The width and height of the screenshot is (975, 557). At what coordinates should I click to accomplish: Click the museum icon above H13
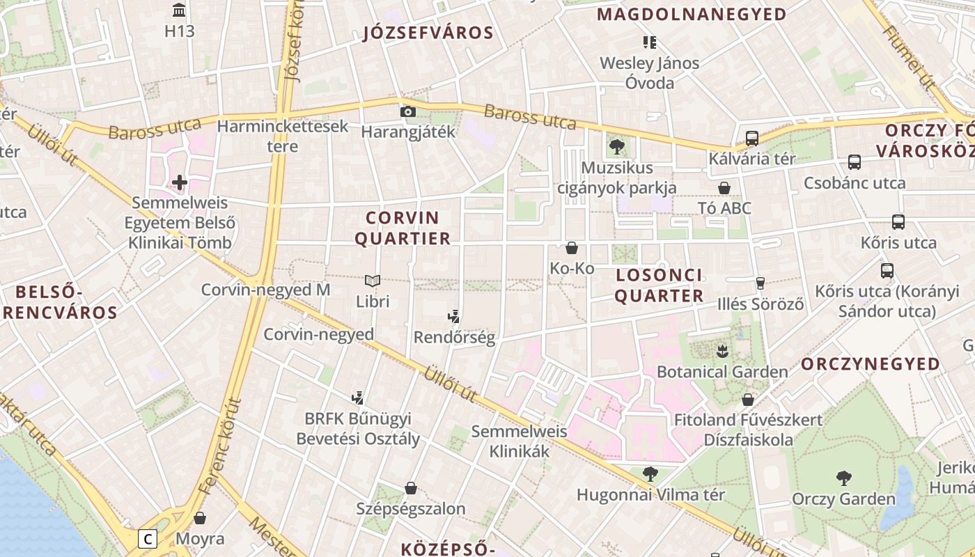pyautogui.click(x=179, y=10)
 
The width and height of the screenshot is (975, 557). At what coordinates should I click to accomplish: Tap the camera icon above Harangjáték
pyautogui.click(x=407, y=111)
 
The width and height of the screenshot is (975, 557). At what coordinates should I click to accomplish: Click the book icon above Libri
pyautogui.click(x=373, y=281)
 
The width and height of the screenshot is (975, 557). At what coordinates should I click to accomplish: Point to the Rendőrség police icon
pyautogui.click(x=454, y=317)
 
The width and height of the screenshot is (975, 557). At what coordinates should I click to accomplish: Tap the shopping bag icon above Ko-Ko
pyautogui.click(x=572, y=248)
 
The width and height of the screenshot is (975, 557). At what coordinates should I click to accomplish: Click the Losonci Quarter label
pyautogui.click(x=659, y=285)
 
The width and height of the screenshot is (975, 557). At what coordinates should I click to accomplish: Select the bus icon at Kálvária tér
pyautogui.click(x=751, y=138)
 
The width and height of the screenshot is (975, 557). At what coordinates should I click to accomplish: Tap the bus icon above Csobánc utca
pyautogui.click(x=855, y=162)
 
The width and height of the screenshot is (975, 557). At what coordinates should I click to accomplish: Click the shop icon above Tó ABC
pyautogui.click(x=724, y=188)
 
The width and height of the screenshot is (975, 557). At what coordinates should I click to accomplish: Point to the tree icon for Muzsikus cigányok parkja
pyautogui.click(x=616, y=147)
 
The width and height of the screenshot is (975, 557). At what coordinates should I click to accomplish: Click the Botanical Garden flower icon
pyautogui.click(x=722, y=350)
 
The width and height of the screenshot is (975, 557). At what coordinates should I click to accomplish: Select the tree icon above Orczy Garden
pyautogui.click(x=843, y=478)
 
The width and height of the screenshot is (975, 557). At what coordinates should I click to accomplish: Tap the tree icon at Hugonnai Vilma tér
pyautogui.click(x=650, y=474)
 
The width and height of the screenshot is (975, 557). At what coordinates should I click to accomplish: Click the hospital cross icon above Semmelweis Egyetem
pyautogui.click(x=180, y=182)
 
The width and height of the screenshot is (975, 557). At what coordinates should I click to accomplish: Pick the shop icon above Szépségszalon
pyautogui.click(x=411, y=488)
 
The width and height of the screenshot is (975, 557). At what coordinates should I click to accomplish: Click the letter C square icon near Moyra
pyautogui.click(x=148, y=538)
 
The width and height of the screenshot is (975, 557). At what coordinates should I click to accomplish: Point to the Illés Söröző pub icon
pyautogui.click(x=760, y=283)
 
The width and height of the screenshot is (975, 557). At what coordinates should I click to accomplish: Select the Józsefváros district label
pyautogui.click(x=428, y=33)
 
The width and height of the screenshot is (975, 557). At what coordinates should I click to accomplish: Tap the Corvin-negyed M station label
pyautogui.click(x=265, y=290)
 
